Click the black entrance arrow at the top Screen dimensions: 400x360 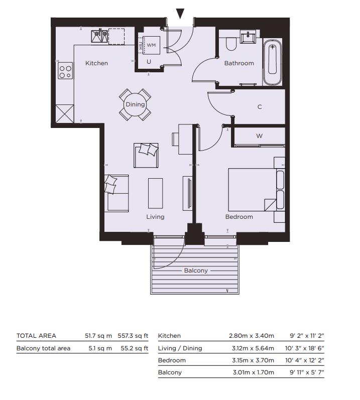coord(180,14)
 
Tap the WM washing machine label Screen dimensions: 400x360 coord(151,45)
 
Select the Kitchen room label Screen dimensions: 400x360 coord(96,63)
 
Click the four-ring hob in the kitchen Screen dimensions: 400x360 coord(65,71)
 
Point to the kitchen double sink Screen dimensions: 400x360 coord(99,36)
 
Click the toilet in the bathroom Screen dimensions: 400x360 coord(231,44)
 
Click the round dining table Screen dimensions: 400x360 coord(135,104)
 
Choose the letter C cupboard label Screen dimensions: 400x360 coord(260,107)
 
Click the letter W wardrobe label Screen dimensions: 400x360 coord(259,136)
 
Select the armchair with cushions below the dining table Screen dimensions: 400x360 coord(146,155)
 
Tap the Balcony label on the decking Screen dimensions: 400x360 coord(196,271)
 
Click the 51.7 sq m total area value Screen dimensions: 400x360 coord(98,336)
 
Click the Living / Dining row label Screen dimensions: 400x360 coord(180,348)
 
